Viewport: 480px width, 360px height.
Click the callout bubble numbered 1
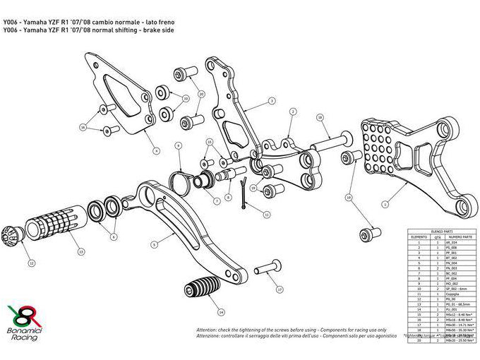point(385,203)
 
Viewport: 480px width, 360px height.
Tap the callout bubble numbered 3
point(271,102)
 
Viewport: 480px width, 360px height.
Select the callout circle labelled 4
point(155,150)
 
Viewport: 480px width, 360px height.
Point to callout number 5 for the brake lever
point(153,244)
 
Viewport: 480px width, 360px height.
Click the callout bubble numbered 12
point(30,262)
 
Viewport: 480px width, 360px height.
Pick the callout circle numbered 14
point(221,311)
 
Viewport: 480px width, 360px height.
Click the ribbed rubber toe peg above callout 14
point(200,290)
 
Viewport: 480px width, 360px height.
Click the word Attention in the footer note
point(209,329)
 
